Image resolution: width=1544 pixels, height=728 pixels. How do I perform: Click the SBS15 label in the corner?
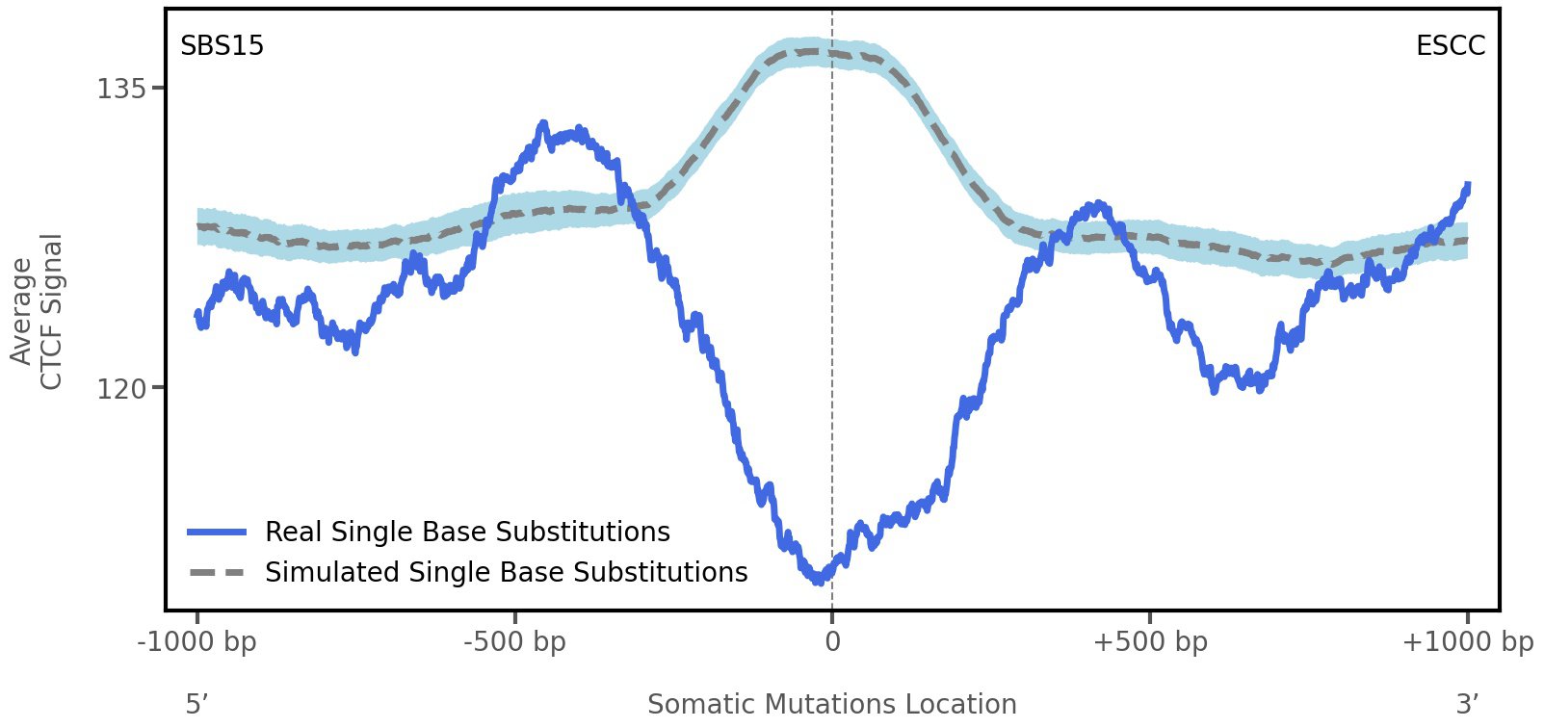pyautogui.click(x=222, y=46)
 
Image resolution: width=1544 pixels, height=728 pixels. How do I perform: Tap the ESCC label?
pyautogui.click(x=1450, y=46)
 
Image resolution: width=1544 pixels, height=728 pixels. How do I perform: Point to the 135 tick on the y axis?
pyautogui.click(x=121, y=90)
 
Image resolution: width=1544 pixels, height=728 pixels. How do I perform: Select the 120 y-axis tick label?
pyautogui.click(x=121, y=389)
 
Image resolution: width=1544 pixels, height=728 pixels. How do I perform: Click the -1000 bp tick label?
pyautogui.click(x=197, y=642)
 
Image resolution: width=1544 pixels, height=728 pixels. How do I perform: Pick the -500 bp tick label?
pyautogui.click(x=514, y=642)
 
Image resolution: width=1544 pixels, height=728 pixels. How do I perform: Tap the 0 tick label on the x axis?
pyautogui.click(x=832, y=642)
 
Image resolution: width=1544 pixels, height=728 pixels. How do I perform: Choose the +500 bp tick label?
pyautogui.click(x=1150, y=642)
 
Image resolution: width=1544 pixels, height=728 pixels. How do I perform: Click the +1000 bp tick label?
pyautogui.click(x=1467, y=642)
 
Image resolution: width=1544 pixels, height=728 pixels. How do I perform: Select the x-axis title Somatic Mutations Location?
pyautogui.click(x=831, y=705)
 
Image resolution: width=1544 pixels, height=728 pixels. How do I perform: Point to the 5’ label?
pyautogui.click(x=196, y=705)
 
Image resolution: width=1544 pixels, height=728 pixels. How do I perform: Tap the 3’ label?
pyautogui.click(x=1467, y=705)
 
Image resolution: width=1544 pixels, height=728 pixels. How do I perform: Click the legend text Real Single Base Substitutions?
pyautogui.click(x=467, y=533)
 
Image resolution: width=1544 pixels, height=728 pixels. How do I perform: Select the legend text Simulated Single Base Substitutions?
pyautogui.click(x=506, y=573)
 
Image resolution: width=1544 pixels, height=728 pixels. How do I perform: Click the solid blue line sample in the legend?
pyautogui.click(x=218, y=533)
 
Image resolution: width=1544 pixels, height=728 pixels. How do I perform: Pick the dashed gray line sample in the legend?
pyautogui.click(x=218, y=573)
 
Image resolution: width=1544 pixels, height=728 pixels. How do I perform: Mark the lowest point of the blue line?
pyautogui.click(x=819, y=581)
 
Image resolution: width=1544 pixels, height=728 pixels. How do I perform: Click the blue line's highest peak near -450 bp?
pyautogui.click(x=544, y=124)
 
